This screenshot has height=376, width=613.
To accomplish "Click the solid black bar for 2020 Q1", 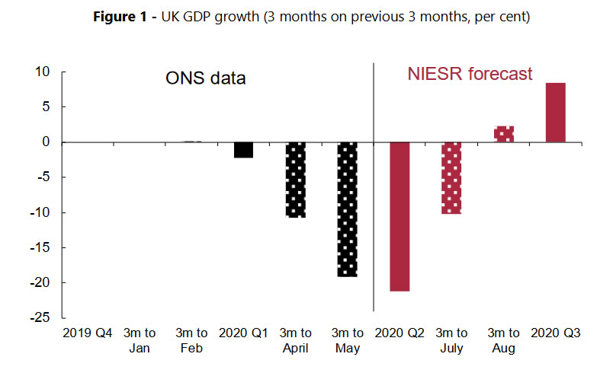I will click(x=243, y=149).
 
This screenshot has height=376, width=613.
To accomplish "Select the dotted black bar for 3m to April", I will click(x=296, y=180).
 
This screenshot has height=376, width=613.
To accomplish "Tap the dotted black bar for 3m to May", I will click(x=348, y=209).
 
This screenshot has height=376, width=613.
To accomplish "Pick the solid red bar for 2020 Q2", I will click(x=400, y=216).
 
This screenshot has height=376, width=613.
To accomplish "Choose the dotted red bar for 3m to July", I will click(x=451, y=177).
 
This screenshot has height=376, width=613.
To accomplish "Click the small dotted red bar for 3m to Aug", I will click(x=504, y=134).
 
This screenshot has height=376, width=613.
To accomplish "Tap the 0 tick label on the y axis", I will click(x=46, y=142).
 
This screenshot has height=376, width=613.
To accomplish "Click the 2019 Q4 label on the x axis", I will click(x=87, y=333).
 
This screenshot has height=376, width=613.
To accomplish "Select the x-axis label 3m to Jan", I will click(x=140, y=340).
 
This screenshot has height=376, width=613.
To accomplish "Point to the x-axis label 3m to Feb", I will click(x=191, y=340).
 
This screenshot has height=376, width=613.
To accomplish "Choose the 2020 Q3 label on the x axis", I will click(x=556, y=333).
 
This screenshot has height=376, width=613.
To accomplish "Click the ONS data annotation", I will click(x=206, y=78).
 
